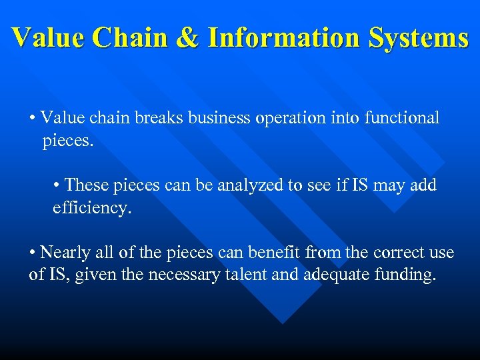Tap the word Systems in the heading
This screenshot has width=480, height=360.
(417, 38)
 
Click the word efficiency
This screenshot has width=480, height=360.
(93, 208)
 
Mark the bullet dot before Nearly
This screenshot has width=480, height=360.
(33, 253)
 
